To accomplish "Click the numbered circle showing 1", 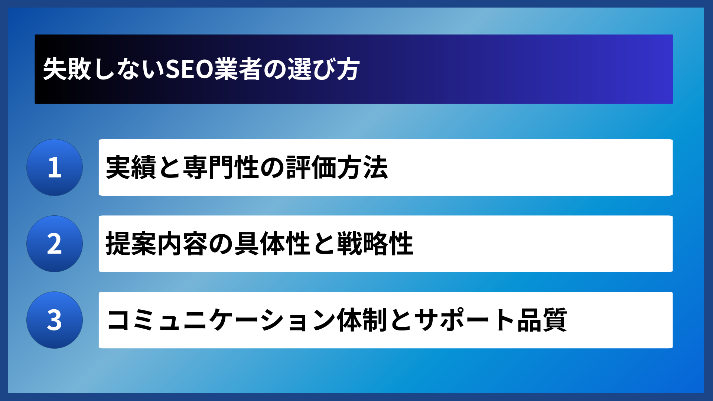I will coord(55,167).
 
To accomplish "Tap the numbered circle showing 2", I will coord(55,244).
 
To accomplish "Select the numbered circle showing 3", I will coord(55,320).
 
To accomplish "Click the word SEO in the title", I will coord(189,69).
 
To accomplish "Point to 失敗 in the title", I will coord(67,69).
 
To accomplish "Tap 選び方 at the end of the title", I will coord(323,69).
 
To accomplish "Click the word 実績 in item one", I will coord(131,167).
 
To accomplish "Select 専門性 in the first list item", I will coord(221,167).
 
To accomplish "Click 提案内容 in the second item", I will coord(157,244).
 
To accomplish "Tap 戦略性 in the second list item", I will coord(375,244).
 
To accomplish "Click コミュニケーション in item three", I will coord(221,320).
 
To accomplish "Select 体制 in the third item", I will coord(362,320).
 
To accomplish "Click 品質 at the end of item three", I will coord(542,320).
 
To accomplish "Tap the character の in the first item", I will coord(272,167).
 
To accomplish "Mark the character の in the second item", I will coord(221,244).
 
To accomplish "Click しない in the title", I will coord(128,69).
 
